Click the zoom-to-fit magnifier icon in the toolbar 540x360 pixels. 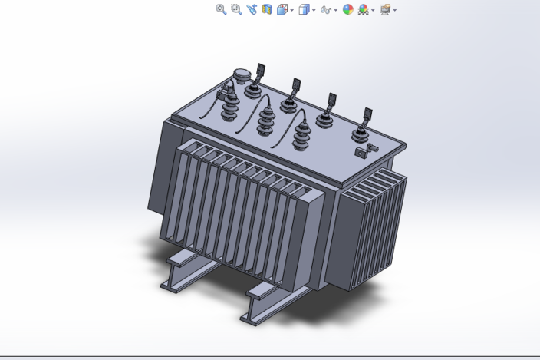[x=221, y=9]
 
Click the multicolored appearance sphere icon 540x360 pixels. [x=347, y=9]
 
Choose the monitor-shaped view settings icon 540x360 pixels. [x=384, y=9]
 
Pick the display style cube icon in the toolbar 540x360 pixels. [x=304, y=9]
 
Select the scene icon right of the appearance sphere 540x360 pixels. [x=363, y=9]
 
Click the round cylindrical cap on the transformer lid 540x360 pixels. [x=242, y=75]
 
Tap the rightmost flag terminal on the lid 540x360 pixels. [x=367, y=115]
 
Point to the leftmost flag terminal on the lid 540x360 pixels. [x=261, y=71]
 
